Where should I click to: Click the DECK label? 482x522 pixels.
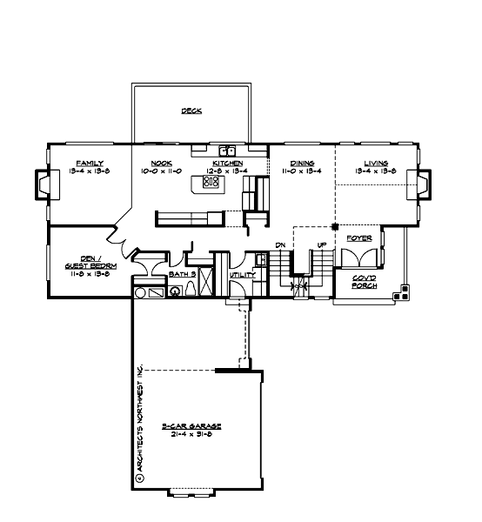[x=191, y=111]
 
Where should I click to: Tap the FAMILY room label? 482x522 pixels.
[x=90, y=163]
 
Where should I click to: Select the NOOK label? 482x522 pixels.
[x=161, y=163]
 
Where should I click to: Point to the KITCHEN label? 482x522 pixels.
[x=226, y=163]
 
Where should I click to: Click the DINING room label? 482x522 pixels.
[x=302, y=163]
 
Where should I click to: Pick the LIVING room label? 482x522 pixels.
[x=376, y=163]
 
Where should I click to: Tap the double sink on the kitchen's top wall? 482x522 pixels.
[x=227, y=151]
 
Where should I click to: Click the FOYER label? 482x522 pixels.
[x=359, y=238]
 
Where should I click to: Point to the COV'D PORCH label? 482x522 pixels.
[x=365, y=282]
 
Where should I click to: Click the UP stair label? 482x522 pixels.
[x=321, y=245]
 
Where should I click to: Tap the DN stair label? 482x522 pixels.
[x=281, y=245]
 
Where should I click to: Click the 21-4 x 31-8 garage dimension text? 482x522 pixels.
[x=192, y=433]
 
